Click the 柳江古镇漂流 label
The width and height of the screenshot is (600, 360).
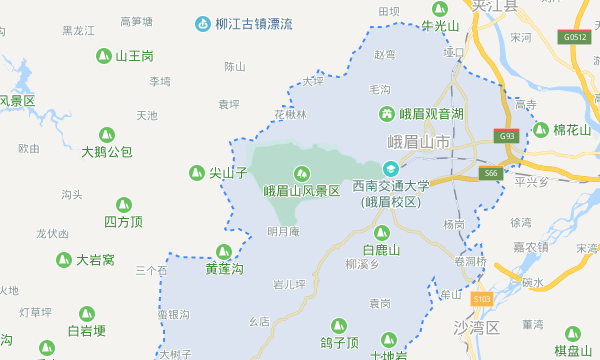(253, 22)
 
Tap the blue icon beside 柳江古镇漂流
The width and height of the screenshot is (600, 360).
(202, 22)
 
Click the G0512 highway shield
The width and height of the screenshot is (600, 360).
(575, 37)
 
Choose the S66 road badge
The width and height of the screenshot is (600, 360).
(490, 173)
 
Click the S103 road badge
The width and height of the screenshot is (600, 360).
(482, 298)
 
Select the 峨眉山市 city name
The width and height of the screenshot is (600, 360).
(420, 144)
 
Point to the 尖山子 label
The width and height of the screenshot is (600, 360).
(228, 173)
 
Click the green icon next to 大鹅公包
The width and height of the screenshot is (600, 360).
(107, 135)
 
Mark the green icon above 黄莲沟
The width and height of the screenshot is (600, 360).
(224, 252)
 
